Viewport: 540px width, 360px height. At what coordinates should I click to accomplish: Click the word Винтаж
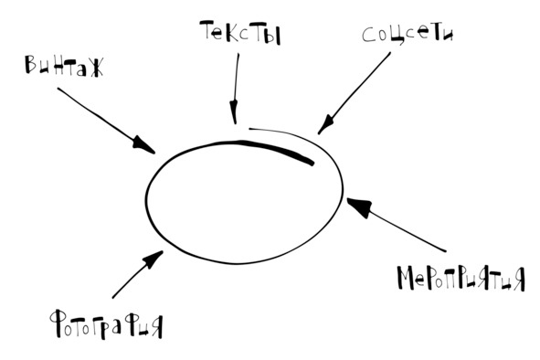pos(64,65)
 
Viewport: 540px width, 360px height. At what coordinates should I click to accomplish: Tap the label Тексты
pos(240,33)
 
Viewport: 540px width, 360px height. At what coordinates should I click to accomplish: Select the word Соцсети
pos(408,35)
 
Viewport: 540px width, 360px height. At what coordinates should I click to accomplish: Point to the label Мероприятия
pos(461,279)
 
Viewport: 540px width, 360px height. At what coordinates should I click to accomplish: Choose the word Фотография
pos(106,324)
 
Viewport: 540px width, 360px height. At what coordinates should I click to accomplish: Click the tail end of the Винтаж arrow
pos(58,89)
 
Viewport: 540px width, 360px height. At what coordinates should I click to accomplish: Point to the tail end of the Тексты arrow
pos(238,53)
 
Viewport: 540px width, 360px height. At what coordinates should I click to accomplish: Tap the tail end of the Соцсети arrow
pos(390,53)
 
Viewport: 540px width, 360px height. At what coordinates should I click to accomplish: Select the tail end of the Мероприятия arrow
pos(446,251)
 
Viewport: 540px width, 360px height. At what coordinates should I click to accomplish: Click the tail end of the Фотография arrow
pos(113,298)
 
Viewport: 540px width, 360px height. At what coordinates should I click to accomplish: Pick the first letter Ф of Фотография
pos(58,323)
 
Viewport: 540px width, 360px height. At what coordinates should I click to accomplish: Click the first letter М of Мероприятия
pos(405,278)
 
